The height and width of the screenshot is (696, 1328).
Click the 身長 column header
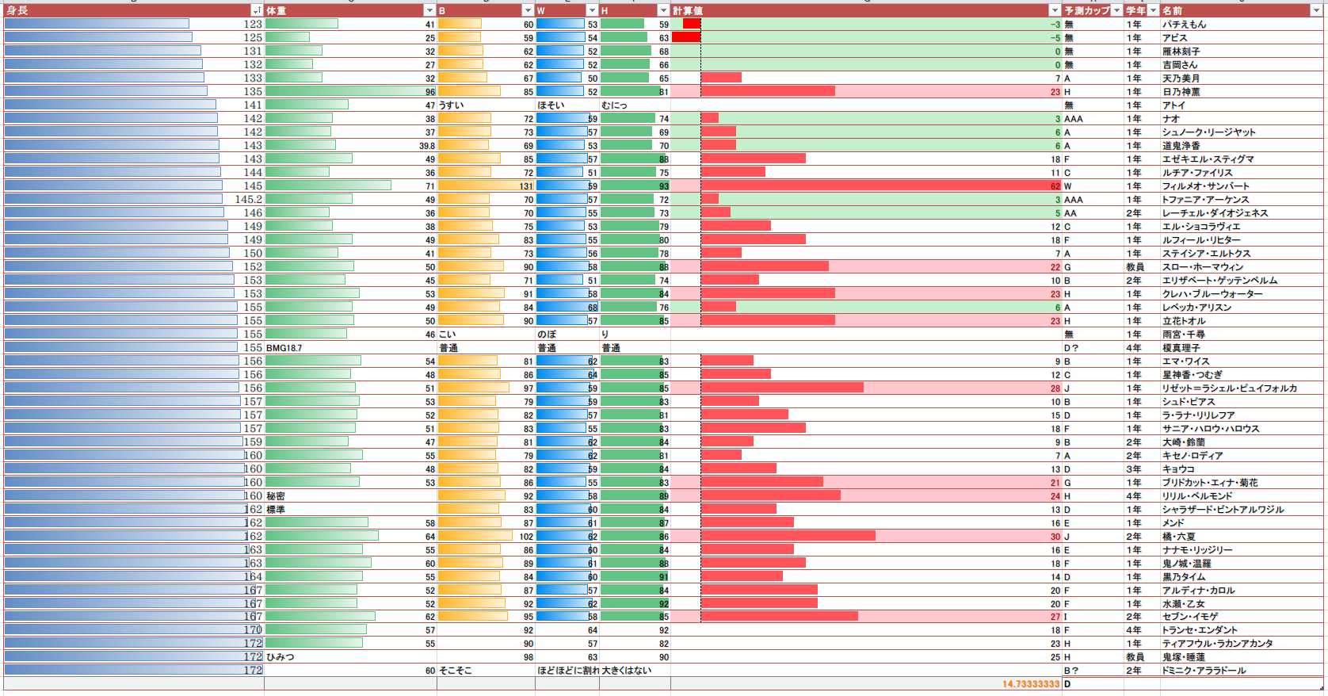pyautogui.click(x=17, y=10)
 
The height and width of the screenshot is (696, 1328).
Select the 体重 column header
pyautogui.click(x=276, y=10)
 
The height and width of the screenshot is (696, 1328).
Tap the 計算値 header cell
pyautogui.click(x=687, y=10)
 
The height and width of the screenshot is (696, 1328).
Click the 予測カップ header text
pyautogui.click(x=1086, y=10)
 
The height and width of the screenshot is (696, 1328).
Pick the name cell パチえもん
pyautogui.click(x=1184, y=25)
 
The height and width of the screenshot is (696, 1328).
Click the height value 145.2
pyautogui.click(x=248, y=200)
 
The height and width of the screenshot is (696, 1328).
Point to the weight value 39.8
pyautogui.click(x=427, y=146)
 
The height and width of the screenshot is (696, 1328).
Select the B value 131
pyautogui.click(x=526, y=186)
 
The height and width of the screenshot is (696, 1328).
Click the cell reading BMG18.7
pyautogui.click(x=284, y=348)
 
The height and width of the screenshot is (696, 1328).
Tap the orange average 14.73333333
pyautogui.click(x=1030, y=684)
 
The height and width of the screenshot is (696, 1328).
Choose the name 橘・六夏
pyautogui.click(x=1178, y=537)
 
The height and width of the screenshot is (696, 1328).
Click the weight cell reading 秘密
pyautogui.click(x=276, y=496)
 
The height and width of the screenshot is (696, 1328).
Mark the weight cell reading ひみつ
pyautogui.click(x=280, y=657)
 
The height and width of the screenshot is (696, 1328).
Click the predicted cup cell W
pyautogui.click(x=1068, y=186)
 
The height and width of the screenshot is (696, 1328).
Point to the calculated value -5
pyautogui.click(x=1055, y=38)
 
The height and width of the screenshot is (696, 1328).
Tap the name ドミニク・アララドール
pyautogui.click(x=1204, y=671)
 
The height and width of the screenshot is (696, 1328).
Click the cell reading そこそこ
pyautogui.click(x=455, y=671)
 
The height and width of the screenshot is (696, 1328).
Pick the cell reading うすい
pyautogui.click(x=451, y=105)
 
